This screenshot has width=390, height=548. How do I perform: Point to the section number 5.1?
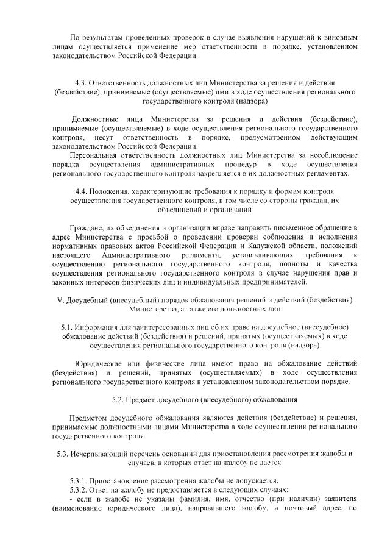pos(68,327)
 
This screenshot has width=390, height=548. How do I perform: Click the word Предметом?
pos(89,418)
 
